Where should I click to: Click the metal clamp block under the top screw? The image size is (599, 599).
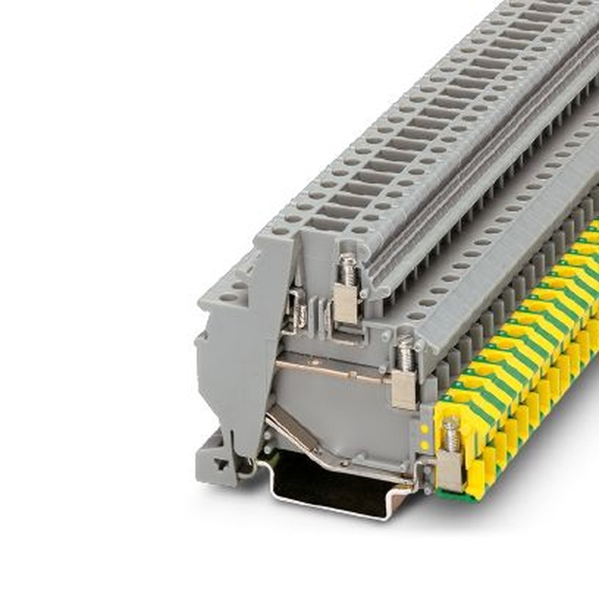coord(346,302)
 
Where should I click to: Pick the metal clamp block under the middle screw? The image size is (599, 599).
coord(404,389)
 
